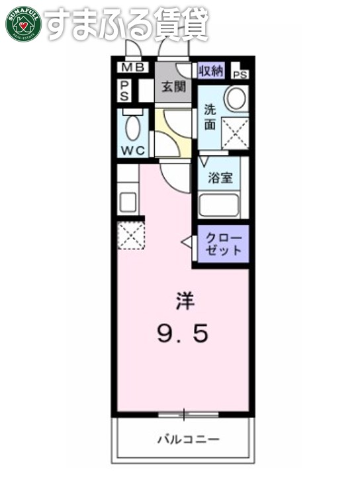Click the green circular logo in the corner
24,24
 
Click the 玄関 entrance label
175,87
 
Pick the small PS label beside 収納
240,74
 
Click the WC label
132,150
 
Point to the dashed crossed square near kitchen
130,236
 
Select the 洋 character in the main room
184,302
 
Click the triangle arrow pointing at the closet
187,243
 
